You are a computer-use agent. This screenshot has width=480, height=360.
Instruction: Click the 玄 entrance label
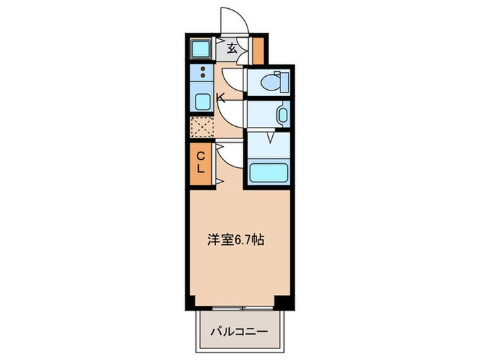[x=232, y=48]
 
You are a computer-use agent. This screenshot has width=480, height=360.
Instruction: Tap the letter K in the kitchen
[x=220, y=98]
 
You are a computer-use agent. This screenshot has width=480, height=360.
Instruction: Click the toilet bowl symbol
[x=277, y=82]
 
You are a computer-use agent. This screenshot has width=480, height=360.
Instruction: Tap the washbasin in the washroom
[x=281, y=114]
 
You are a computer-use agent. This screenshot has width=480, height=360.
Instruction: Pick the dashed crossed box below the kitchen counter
[x=202, y=127]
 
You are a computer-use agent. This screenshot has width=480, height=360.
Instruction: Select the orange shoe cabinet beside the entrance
[x=258, y=48]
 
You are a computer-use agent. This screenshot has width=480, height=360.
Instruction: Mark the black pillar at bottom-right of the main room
[x=282, y=302]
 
